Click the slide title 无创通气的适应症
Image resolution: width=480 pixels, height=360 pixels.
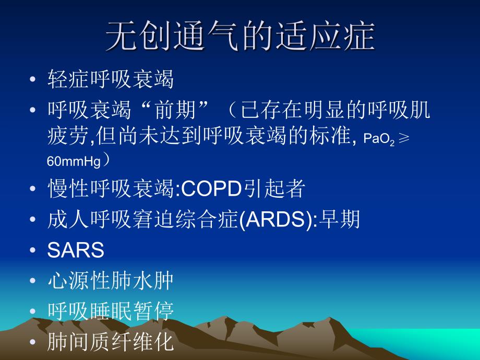tap(240, 36)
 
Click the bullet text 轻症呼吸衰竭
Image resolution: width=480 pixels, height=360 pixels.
tap(110, 80)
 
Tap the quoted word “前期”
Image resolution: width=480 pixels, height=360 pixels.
tap(172, 110)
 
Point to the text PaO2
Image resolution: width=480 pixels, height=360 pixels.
tap(379, 140)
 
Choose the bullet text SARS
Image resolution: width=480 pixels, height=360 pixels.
tap(76, 250)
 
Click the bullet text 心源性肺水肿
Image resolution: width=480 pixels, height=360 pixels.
tap(110, 281)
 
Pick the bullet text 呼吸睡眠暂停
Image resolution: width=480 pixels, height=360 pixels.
tap(110, 311)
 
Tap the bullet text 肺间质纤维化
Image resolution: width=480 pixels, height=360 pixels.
tap(110, 341)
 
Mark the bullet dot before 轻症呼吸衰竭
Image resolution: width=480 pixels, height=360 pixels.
tap(33, 80)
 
